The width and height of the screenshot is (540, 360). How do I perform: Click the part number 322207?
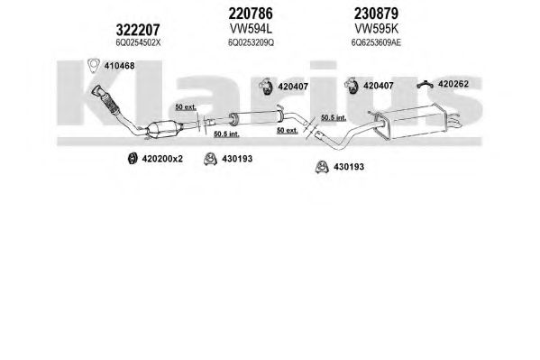pyautogui.click(x=138, y=30)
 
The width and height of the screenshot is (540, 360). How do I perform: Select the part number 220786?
pyautogui.click(x=251, y=14)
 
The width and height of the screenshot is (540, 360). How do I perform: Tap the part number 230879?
pyautogui.click(x=376, y=14)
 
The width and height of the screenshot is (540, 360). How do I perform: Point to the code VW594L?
pyautogui.click(x=251, y=29)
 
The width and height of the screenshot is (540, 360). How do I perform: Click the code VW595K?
pyautogui.click(x=377, y=29)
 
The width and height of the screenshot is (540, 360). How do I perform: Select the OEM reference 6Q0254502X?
pyautogui.click(x=138, y=42)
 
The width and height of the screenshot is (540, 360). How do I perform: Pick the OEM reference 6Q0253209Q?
pyautogui.click(x=251, y=42)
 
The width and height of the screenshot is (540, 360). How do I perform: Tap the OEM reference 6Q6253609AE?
pyautogui.click(x=376, y=42)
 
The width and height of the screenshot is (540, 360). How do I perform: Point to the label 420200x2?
pyautogui.click(x=162, y=159)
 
